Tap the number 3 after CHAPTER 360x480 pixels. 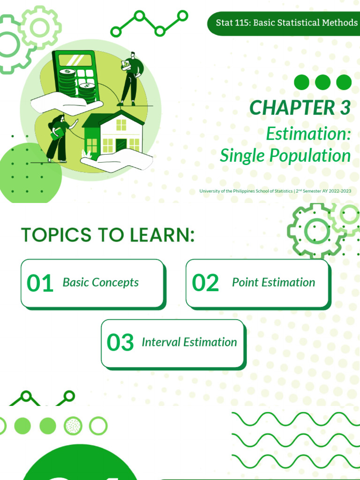click(x=344, y=108)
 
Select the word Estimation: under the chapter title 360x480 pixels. click(x=308, y=134)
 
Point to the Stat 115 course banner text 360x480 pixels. click(x=286, y=22)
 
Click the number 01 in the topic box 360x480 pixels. click(x=40, y=283)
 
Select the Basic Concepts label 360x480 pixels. click(x=101, y=282)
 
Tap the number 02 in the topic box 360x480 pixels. click(x=205, y=283)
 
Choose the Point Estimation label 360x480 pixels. click(x=273, y=282)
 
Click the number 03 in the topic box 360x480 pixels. click(x=120, y=343)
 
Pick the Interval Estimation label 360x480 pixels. click(x=189, y=342)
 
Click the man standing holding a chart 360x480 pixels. click(x=130, y=77)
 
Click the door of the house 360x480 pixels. click(x=121, y=145)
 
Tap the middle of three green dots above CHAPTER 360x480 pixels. click(x=322, y=82)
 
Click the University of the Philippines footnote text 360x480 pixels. click(x=275, y=191)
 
